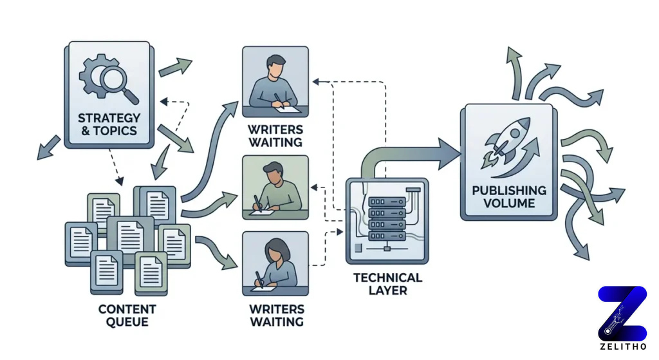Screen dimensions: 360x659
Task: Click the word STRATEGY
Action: (x=109, y=118)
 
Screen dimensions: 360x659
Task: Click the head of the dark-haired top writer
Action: (x=275, y=66)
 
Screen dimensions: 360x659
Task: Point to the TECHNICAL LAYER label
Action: (x=388, y=284)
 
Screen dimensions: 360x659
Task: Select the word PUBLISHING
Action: (x=508, y=191)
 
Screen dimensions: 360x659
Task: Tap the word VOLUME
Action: (x=508, y=204)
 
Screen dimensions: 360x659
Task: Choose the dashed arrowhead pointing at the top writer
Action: (x=315, y=82)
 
